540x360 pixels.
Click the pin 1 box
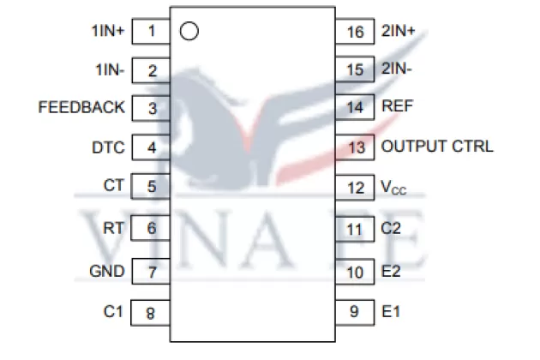pos(152,31)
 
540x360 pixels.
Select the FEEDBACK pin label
pos(81,108)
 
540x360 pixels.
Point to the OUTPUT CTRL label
pos(437,147)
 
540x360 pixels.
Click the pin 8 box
pos(152,313)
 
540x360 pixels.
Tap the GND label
pos(107,272)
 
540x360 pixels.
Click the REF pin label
pos(398,108)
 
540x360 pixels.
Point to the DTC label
pos(108,147)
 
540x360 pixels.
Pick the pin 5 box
pos(152,186)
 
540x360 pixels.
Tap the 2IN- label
pos(398,69)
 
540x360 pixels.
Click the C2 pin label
pos(391,229)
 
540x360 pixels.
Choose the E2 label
pos(391,271)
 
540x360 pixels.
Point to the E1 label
pos(390,311)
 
